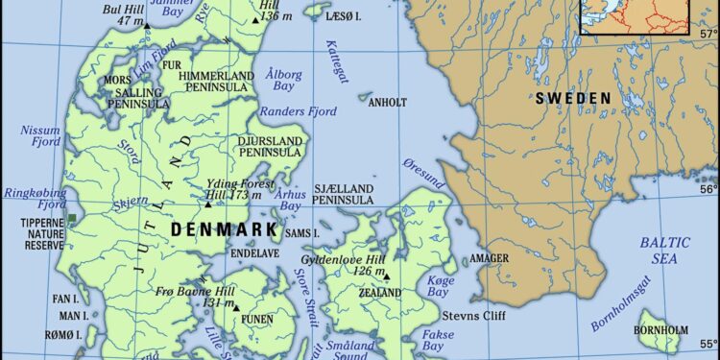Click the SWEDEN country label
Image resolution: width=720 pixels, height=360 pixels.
pyautogui.click(x=573, y=98)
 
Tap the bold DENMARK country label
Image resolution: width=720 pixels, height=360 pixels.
pyautogui.click(x=224, y=230)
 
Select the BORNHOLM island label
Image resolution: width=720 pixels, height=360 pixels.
pyautogui.click(x=660, y=330)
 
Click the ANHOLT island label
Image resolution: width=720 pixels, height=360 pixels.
pyautogui.click(x=388, y=101)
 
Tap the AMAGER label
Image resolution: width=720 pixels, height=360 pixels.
pyautogui.click(x=489, y=259)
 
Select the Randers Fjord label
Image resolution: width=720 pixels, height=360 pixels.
pyautogui.click(x=272, y=111)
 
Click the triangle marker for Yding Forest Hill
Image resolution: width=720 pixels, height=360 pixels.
pyautogui.click(x=207, y=204)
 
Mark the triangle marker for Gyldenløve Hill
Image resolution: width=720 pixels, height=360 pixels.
pyautogui.click(x=387, y=277)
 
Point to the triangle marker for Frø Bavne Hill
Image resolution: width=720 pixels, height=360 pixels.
pyautogui.click(x=236, y=308)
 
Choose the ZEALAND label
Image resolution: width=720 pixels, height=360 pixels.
pyautogui.click(x=380, y=292)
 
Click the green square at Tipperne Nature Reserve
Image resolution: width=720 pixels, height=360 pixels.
pyautogui.click(x=72, y=220)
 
